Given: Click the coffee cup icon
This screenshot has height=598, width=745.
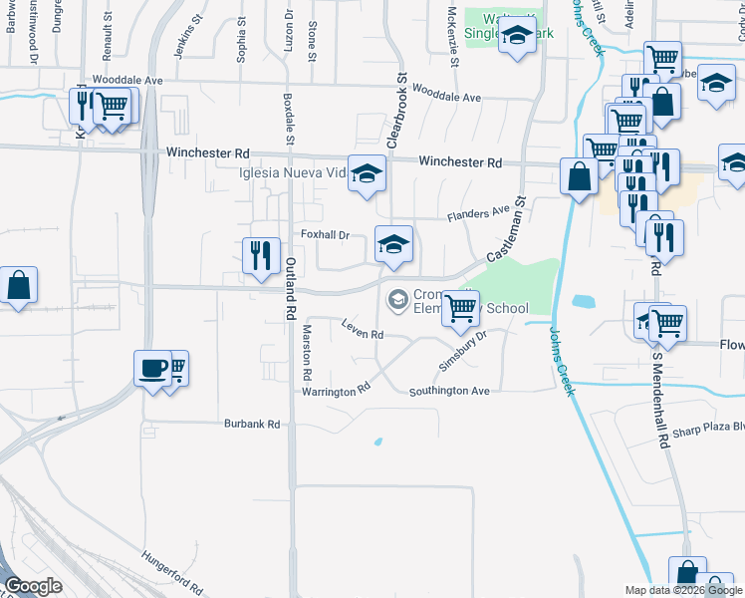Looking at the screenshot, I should (152, 367).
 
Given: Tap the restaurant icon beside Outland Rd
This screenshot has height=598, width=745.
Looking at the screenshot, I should (261, 255).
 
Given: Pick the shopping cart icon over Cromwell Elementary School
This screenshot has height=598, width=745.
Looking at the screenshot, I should (460, 308).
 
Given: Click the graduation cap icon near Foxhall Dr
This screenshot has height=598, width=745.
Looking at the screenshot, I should (393, 244).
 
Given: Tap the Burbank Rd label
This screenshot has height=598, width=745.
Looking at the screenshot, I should (252, 424).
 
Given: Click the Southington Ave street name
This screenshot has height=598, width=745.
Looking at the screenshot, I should (450, 392).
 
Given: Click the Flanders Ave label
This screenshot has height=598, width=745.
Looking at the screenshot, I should (478, 213).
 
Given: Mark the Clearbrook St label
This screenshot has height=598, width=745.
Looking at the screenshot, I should (396, 111).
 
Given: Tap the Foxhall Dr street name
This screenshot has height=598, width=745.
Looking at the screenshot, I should (325, 235).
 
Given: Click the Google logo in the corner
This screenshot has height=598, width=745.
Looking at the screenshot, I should (33, 586).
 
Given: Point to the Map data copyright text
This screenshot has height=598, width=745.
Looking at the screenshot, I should (684, 590).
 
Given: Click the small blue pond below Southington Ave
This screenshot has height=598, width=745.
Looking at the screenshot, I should (377, 441).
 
